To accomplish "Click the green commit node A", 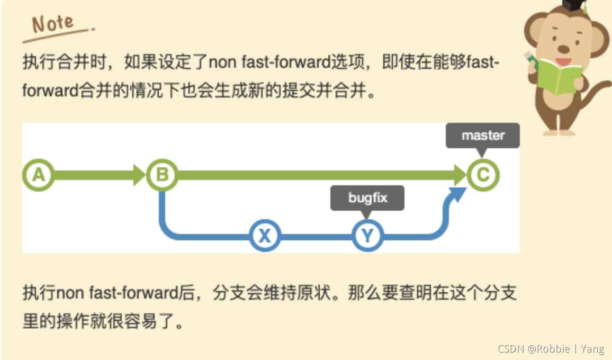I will (38, 175).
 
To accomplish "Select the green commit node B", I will (162, 175).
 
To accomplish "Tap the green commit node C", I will (483, 175).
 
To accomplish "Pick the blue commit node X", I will (265, 235).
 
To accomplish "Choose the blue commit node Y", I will (367, 235).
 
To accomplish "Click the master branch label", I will (482, 136).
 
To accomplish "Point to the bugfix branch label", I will (367, 198).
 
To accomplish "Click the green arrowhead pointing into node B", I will (140, 175).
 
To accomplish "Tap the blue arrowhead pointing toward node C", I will (456, 195).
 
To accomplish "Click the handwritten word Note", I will (53, 24).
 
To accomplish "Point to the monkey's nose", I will (564, 49).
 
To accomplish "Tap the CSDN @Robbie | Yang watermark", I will (551, 348).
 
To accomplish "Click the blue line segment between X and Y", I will (316, 236).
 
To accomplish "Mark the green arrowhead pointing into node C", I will (458, 175).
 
